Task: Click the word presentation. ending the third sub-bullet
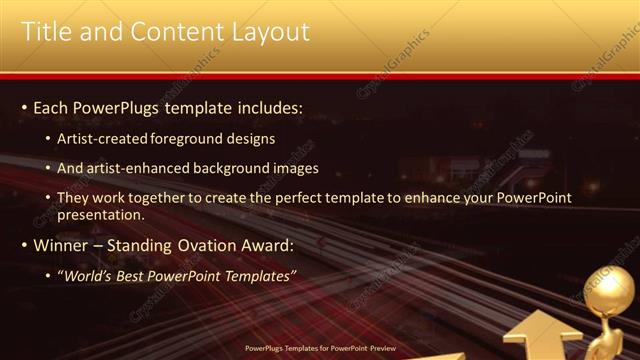(101, 214)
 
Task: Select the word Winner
(62, 245)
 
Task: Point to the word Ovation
(206, 245)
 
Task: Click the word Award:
(268, 245)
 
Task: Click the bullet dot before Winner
(24, 245)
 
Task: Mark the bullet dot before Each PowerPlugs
(24, 107)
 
